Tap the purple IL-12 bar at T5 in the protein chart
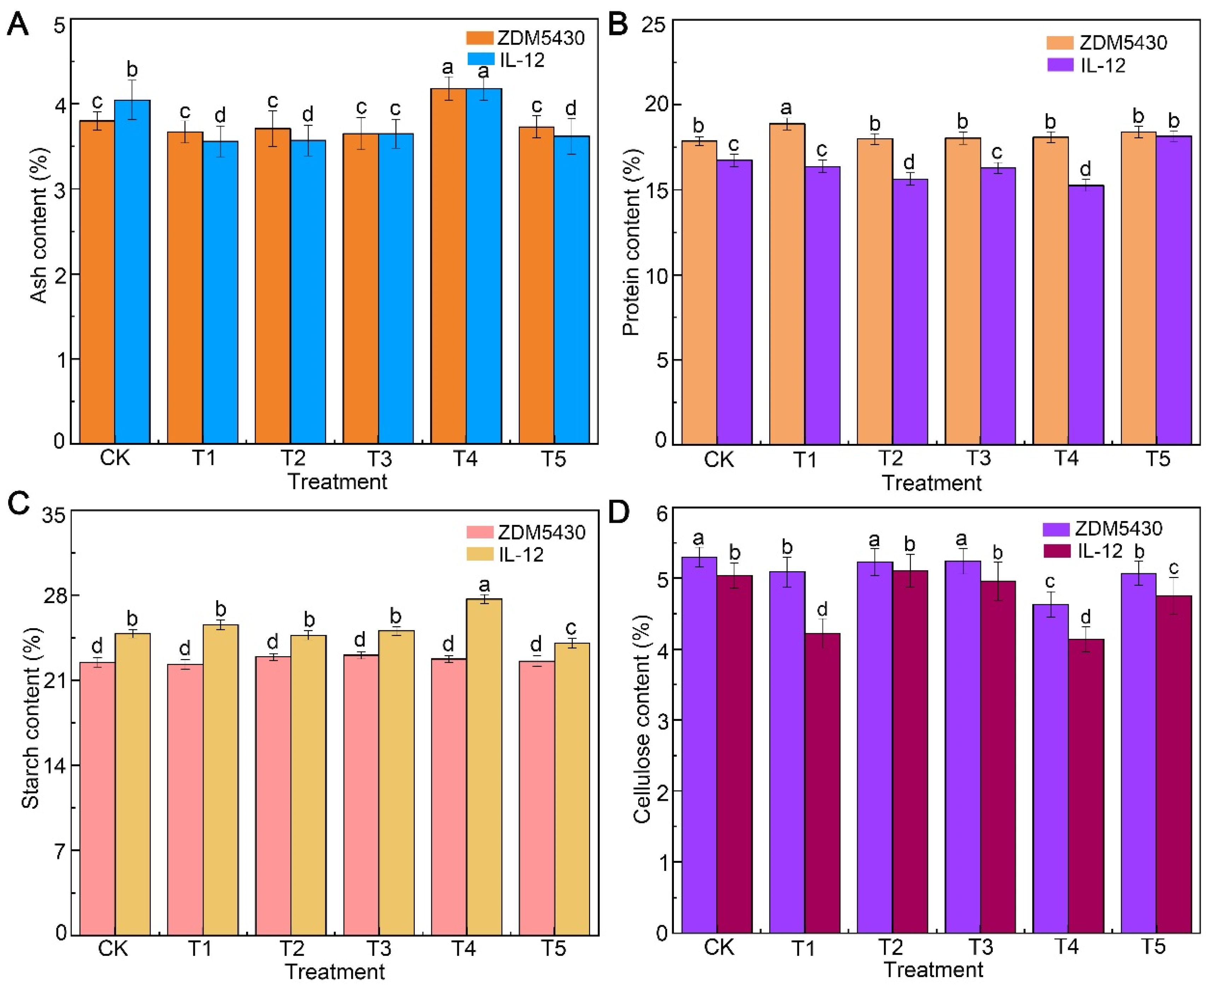(1173, 290)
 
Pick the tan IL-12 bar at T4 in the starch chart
(484, 768)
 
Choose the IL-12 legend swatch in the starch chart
(479, 554)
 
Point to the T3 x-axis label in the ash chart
(378, 458)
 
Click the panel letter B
(618, 24)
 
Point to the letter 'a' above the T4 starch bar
(484, 584)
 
